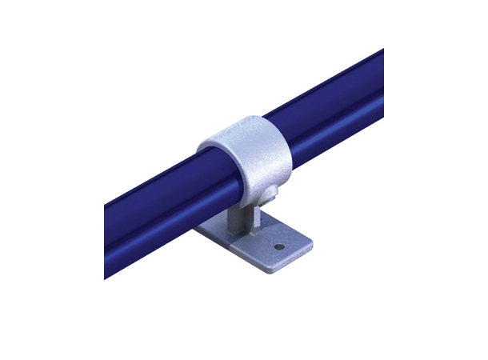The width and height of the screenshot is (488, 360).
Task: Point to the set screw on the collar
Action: point(273,194)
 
